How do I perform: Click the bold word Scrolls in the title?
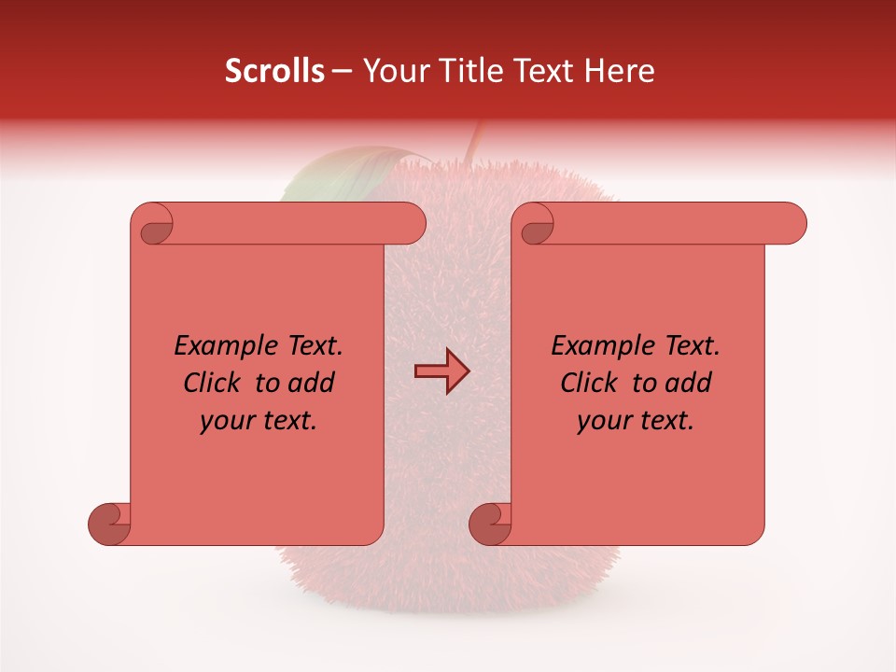pyautogui.click(x=274, y=71)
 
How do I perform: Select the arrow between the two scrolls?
pyautogui.click(x=441, y=371)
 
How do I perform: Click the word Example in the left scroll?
pyautogui.click(x=217, y=346)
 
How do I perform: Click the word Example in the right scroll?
pyautogui.click(x=594, y=346)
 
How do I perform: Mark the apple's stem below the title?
pyautogui.click(x=474, y=140)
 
